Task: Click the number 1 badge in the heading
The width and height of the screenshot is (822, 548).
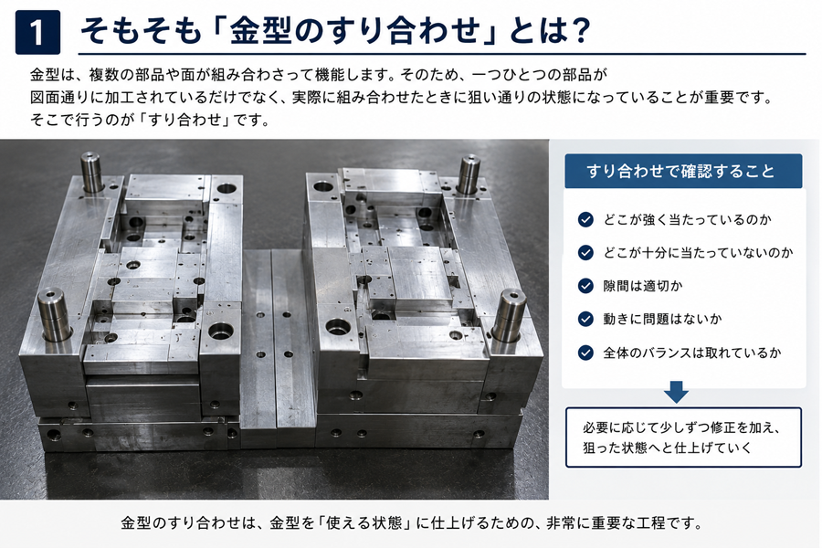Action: (x=37, y=33)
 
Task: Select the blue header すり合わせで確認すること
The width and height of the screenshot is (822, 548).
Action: (x=683, y=171)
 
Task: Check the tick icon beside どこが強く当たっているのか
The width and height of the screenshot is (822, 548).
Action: (x=585, y=220)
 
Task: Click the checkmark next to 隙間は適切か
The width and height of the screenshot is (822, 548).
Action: (x=585, y=286)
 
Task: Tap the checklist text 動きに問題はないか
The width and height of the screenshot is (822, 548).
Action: (x=662, y=319)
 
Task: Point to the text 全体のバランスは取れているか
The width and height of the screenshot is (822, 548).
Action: (x=692, y=353)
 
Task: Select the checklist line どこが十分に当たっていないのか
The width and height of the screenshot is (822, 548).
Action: (x=698, y=253)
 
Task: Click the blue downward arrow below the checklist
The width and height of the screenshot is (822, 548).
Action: (x=676, y=392)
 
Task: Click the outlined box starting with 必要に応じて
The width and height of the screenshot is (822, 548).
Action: (x=683, y=437)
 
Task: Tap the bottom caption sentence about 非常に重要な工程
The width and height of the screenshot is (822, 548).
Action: (x=412, y=522)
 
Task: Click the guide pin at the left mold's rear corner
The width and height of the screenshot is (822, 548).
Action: (x=91, y=172)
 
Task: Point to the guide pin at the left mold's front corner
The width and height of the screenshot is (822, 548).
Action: (x=54, y=313)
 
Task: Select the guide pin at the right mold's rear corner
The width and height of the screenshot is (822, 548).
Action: (x=469, y=174)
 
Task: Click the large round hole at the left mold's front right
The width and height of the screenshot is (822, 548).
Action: (x=221, y=331)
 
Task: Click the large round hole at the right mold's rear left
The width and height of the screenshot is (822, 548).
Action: (x=323, y=186)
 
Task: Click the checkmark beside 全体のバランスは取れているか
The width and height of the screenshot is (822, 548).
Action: (x=585, y=353)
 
